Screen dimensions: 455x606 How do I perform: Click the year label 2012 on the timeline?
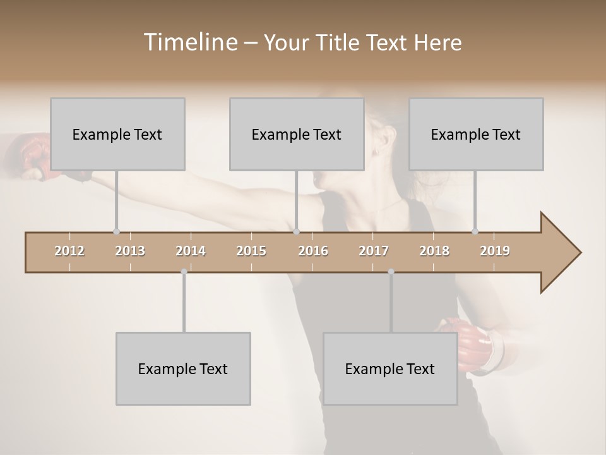pos(69,251)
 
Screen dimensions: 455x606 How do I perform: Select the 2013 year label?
pos(130,251)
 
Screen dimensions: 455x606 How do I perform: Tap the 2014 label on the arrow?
pos(191,251)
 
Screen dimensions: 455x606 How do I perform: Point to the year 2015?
pos(251,251)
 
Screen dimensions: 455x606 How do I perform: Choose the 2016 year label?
pos(313,251)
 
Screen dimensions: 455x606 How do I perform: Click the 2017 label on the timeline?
pos(374,251)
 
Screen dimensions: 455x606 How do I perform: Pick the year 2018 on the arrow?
pos(434,251)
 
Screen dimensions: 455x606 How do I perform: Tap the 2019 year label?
pos(495,251)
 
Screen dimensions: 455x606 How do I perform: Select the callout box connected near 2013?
pos(117,134)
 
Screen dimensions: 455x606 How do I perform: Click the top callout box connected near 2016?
pos(297,134)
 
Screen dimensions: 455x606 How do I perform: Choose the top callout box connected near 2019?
pos(476,134)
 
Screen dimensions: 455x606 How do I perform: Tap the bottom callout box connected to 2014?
pos(183,368)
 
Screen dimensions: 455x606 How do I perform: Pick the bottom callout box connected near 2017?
pos(390,368)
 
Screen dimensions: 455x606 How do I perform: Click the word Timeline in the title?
pos(189,42)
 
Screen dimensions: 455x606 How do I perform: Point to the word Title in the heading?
pos(340,42)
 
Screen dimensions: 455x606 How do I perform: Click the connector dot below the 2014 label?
pos(184,272)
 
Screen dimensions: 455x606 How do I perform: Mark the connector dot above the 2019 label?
pos(475,231)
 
